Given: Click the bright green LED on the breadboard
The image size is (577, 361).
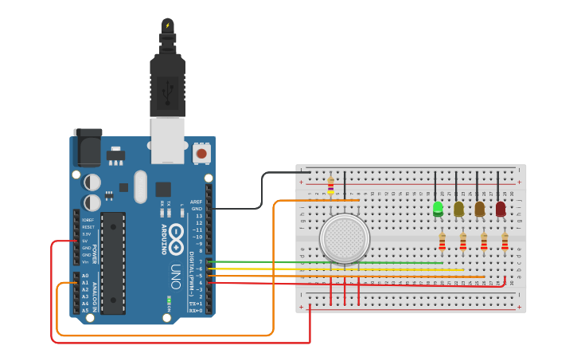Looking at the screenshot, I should (438, 209).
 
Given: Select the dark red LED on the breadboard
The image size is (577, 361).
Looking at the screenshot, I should (500, 209).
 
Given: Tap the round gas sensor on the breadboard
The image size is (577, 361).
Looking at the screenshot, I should (345, 238).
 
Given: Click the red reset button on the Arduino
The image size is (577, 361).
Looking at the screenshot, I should (201, 152).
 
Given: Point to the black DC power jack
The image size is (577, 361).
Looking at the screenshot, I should (88, 148).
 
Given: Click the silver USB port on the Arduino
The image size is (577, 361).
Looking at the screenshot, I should (167, 139).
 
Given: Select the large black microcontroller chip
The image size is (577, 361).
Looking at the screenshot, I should (112, 262).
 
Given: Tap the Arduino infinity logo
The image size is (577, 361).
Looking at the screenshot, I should (176, 237).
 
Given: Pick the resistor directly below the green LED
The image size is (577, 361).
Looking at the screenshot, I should (442, 241).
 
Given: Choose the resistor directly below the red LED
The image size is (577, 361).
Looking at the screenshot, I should (505, 241).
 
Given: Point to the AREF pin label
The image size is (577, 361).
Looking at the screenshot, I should (196, 202).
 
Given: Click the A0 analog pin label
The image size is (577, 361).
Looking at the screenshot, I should (85, 276).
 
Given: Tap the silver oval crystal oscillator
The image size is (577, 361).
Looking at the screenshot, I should (141, 186).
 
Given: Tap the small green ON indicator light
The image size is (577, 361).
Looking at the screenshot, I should (169, 300).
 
